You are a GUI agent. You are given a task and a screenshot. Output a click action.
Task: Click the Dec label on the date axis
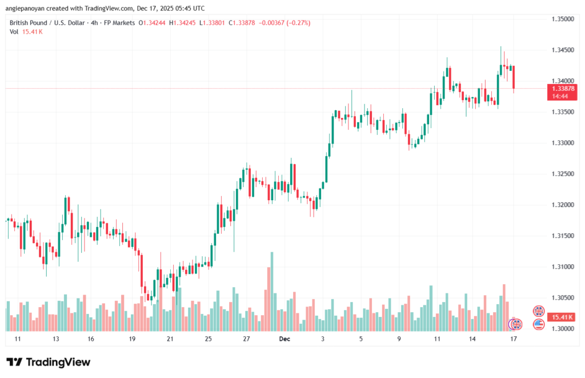click(285, 339)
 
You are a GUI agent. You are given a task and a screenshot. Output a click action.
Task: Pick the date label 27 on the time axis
click(246, 339)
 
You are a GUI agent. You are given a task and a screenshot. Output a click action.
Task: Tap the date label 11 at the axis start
click(18, 339)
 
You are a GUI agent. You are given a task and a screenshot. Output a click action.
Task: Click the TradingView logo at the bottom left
click(48, 362)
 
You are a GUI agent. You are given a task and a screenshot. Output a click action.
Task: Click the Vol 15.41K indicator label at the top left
click(26, 32)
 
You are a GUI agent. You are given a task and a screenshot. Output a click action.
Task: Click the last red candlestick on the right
click(514, 78)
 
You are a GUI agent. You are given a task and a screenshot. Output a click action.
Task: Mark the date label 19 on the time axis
click(132, 339)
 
